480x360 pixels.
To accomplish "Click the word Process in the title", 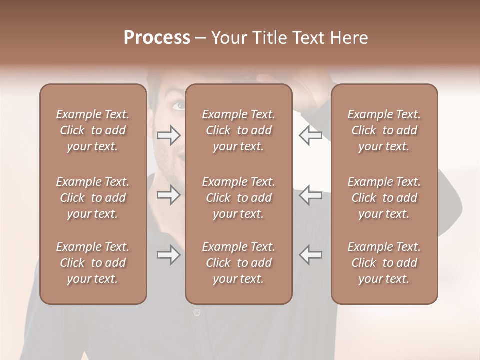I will click(157, 38).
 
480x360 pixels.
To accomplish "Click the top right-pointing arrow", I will click(168, 135).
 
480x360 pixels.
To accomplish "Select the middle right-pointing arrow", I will click(168, 194).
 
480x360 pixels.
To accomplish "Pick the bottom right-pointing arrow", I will click(168, 255).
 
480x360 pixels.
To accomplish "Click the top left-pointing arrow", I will click(310, 135).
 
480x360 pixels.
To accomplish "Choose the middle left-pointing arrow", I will click(310, 194).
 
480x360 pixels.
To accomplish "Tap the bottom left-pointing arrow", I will click(310, 255).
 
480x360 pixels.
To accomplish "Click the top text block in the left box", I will click(93, 130).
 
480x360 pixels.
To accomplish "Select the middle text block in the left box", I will click(93, 198).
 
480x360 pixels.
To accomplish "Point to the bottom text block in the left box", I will click(93, 263).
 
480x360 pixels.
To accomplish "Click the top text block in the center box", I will click(239, 130).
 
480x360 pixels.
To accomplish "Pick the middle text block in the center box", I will click(239, 198).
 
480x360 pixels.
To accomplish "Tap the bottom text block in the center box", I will click(239, 263).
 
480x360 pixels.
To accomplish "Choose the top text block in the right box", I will click(384, 130).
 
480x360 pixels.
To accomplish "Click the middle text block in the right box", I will click(384, 198).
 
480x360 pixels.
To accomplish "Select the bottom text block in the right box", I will click(384, 263).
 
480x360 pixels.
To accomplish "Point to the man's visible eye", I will click(179, 105).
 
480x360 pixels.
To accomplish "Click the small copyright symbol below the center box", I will click(197, 313).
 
